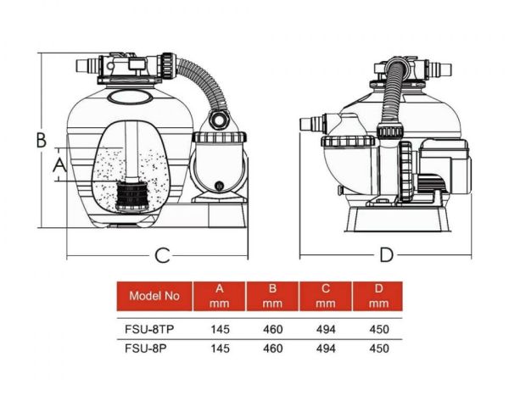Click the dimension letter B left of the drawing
coord(40,140)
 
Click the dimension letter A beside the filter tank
coord(59,166)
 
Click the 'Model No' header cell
coord(154,296)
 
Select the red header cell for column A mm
coord(220,296)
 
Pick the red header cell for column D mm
coord(378,296)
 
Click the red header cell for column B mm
coord(272,296)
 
